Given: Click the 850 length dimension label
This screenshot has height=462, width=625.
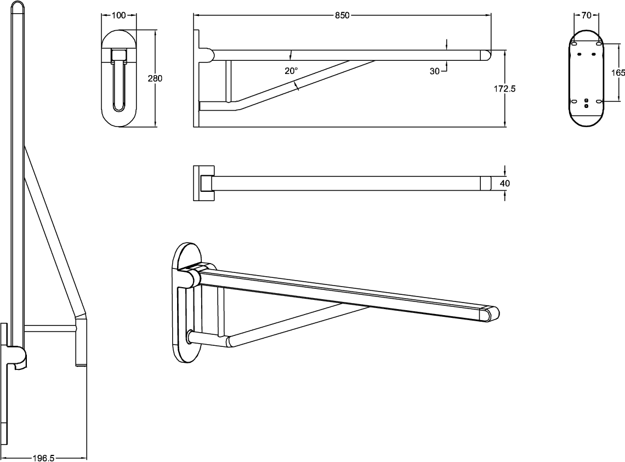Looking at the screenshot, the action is click(342, 15).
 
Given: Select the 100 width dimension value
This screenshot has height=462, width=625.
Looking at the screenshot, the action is click(119, 15).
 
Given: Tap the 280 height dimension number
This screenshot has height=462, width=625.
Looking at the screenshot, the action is click(155, 78).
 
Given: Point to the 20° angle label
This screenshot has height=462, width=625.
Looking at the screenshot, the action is click(291, 71).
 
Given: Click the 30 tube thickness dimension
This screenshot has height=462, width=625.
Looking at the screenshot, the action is click(434, 71).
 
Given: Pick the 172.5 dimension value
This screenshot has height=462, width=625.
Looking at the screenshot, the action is click(504, 89).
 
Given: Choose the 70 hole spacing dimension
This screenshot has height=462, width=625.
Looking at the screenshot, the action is click(586, 15).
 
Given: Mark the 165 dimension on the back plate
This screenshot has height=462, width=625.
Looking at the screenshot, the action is click(618, 72).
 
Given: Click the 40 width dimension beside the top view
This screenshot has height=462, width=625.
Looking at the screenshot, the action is click(504, 184).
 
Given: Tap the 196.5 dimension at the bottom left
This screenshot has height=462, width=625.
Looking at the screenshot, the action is click(43, 458).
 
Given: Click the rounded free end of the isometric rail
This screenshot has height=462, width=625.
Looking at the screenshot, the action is click(491, 313).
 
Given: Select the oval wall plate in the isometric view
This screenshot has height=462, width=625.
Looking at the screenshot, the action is click(186, 302).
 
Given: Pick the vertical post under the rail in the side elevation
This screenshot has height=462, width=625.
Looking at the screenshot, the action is click(229, 81).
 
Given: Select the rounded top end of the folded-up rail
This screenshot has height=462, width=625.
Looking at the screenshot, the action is click(18, 7).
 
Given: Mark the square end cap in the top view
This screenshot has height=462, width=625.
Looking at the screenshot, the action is click(486, 184).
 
